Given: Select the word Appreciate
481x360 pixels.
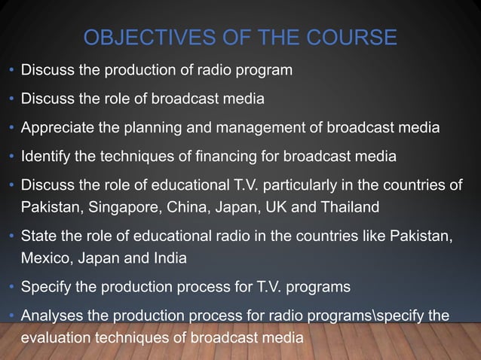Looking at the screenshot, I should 57,127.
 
